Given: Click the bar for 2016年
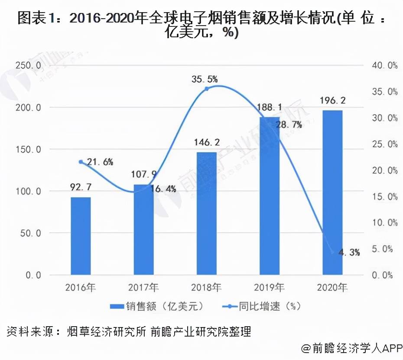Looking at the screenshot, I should pos(81,236).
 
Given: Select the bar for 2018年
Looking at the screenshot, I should pos(206,213).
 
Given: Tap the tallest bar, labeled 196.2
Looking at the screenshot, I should pos(332,193).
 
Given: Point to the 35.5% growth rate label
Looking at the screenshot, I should pos(205,79).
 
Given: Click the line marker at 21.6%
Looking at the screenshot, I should pos(81,162).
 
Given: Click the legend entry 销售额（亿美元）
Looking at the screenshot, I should pos(156,306).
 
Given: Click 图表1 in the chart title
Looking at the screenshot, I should pos(35,18).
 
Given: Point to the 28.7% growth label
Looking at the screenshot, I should pos(288,124).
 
